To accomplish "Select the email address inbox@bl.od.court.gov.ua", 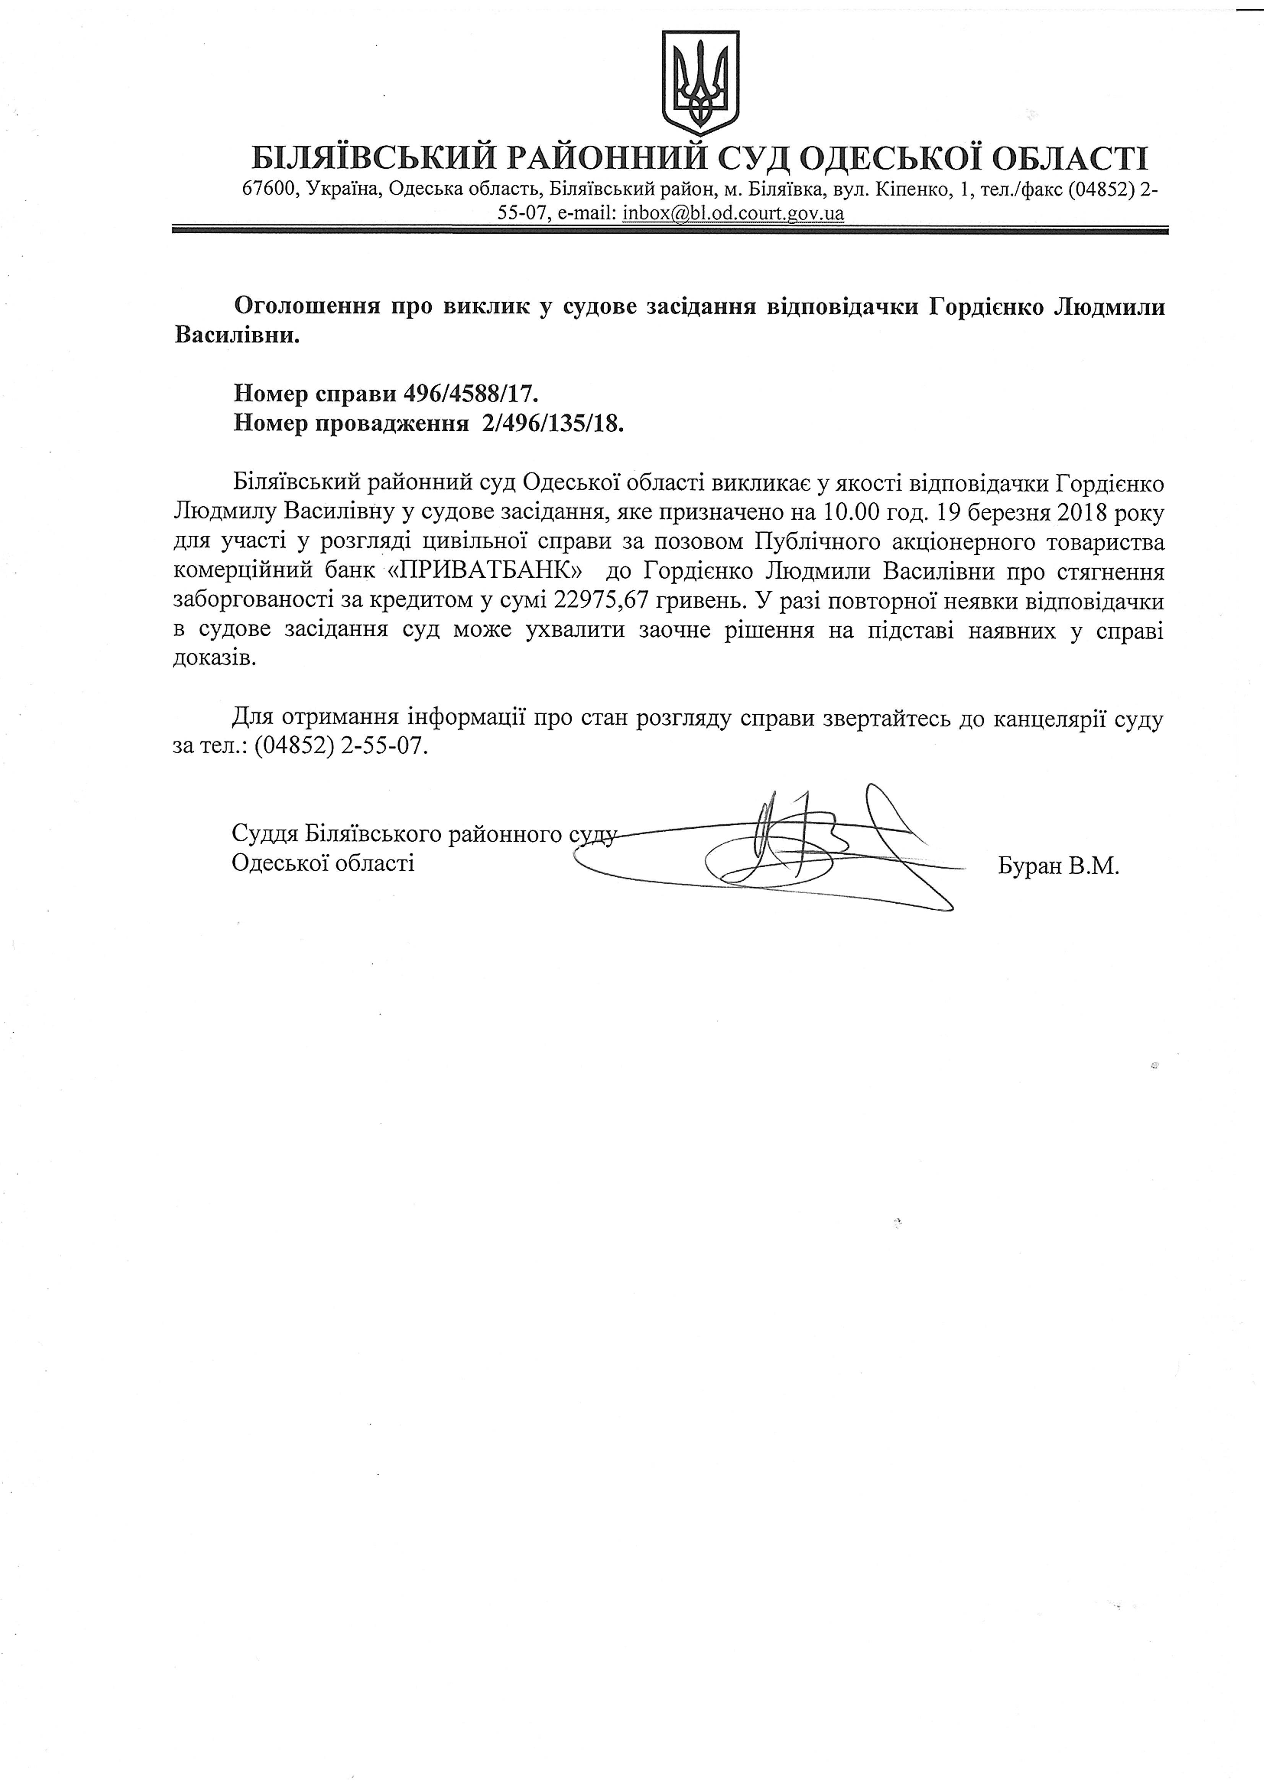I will [733, 213].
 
